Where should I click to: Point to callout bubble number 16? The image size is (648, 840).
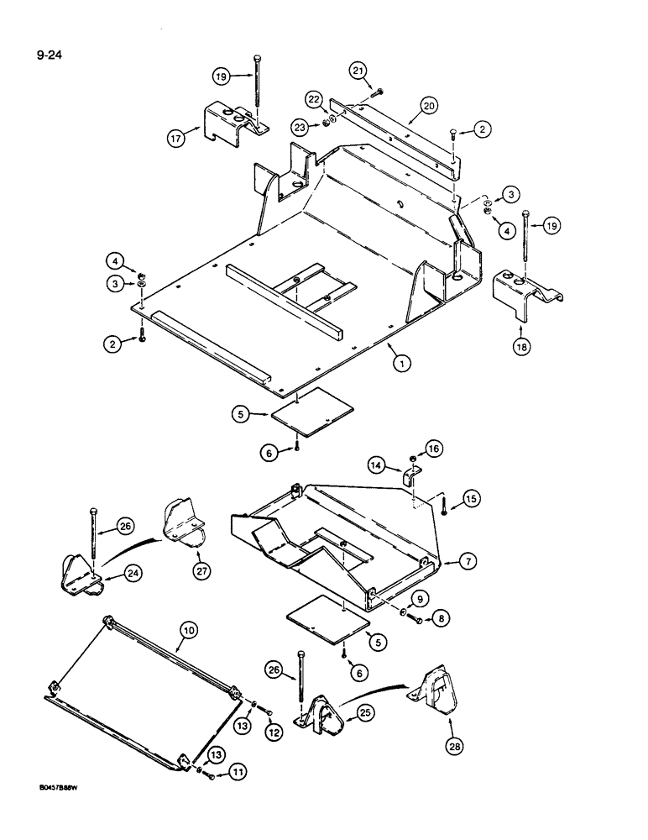pyautogui.click(x=434, y=450)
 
